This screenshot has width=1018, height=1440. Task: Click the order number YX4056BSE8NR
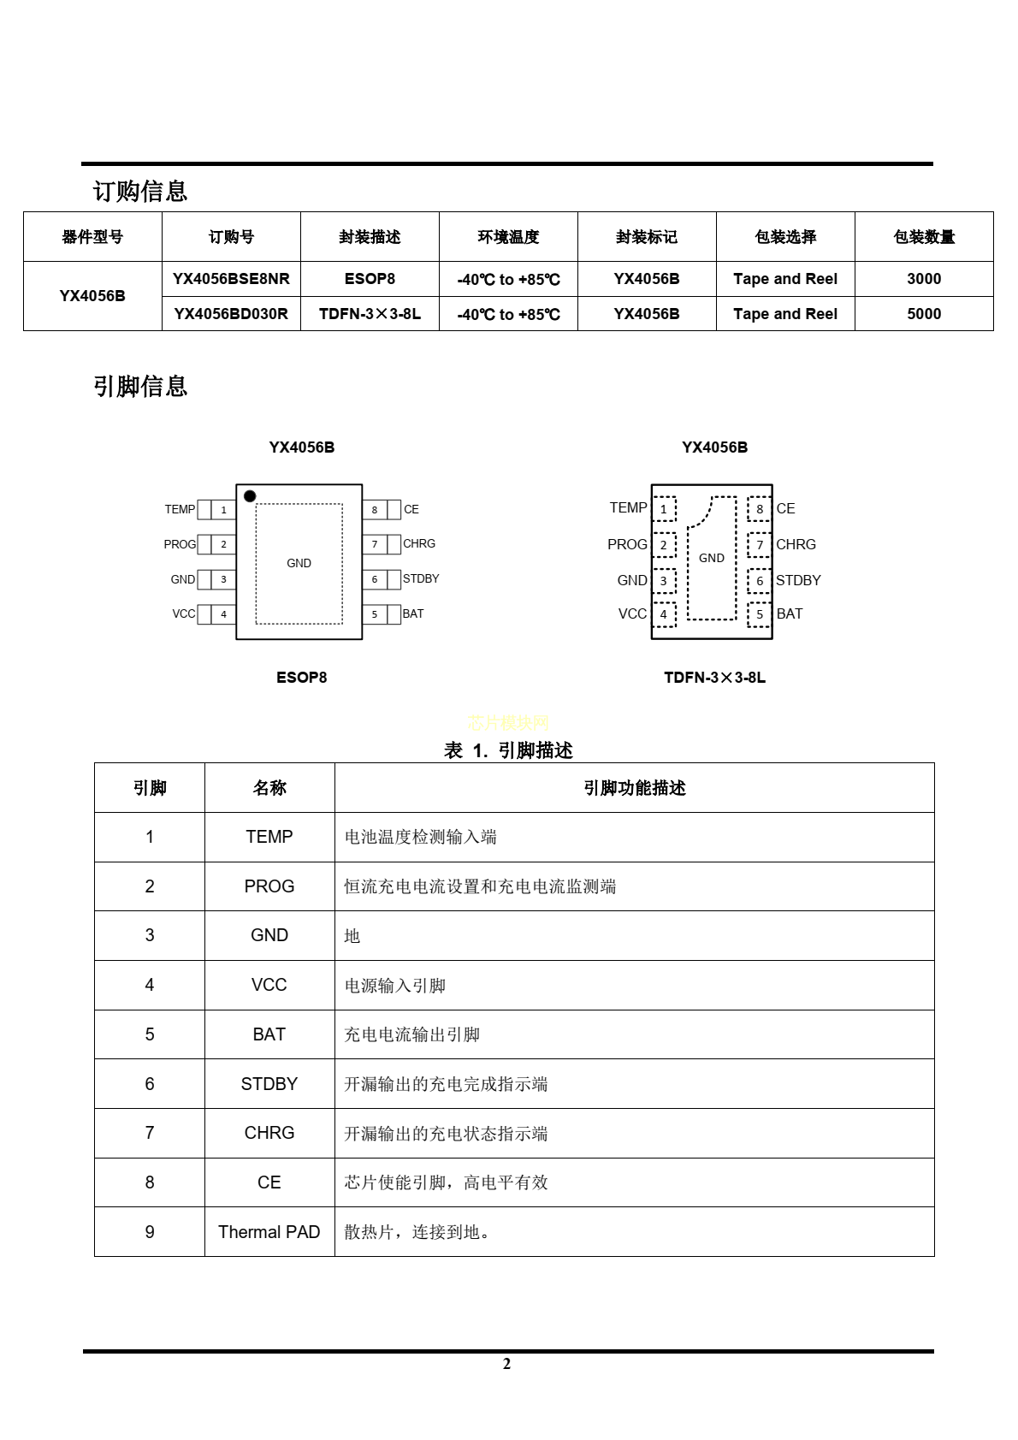pos(231,279)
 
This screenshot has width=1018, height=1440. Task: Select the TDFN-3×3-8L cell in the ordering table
pos(370,314)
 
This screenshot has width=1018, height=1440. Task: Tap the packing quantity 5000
pos(924,314)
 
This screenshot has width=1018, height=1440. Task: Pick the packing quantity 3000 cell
pos(924,279)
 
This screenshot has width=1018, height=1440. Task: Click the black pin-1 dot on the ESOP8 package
pos(250,496)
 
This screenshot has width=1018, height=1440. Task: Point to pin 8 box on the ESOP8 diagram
pos(375,510)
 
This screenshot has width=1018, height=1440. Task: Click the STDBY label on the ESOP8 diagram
pos(421,579)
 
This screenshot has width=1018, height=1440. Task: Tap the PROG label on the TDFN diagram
pos(627,545)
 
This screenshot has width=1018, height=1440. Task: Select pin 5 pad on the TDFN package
pos(759,614)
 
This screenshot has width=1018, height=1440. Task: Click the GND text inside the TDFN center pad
pos(712,558)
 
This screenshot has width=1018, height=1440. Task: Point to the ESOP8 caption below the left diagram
pos(301,678)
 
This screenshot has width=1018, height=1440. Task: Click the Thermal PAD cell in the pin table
pos(269,1232)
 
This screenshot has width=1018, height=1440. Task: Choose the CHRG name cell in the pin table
pos(269,1133)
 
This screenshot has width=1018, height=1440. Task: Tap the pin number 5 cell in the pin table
pos(150,1034)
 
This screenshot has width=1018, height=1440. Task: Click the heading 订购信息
pos(140,191)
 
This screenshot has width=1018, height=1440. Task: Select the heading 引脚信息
pos(140,387)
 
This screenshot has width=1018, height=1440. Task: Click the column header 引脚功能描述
pos(634,788)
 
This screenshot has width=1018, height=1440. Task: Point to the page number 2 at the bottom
pos(507,1364)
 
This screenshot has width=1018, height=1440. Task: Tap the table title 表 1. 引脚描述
pos(508,750)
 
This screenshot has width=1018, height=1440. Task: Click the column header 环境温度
pos(508,237)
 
